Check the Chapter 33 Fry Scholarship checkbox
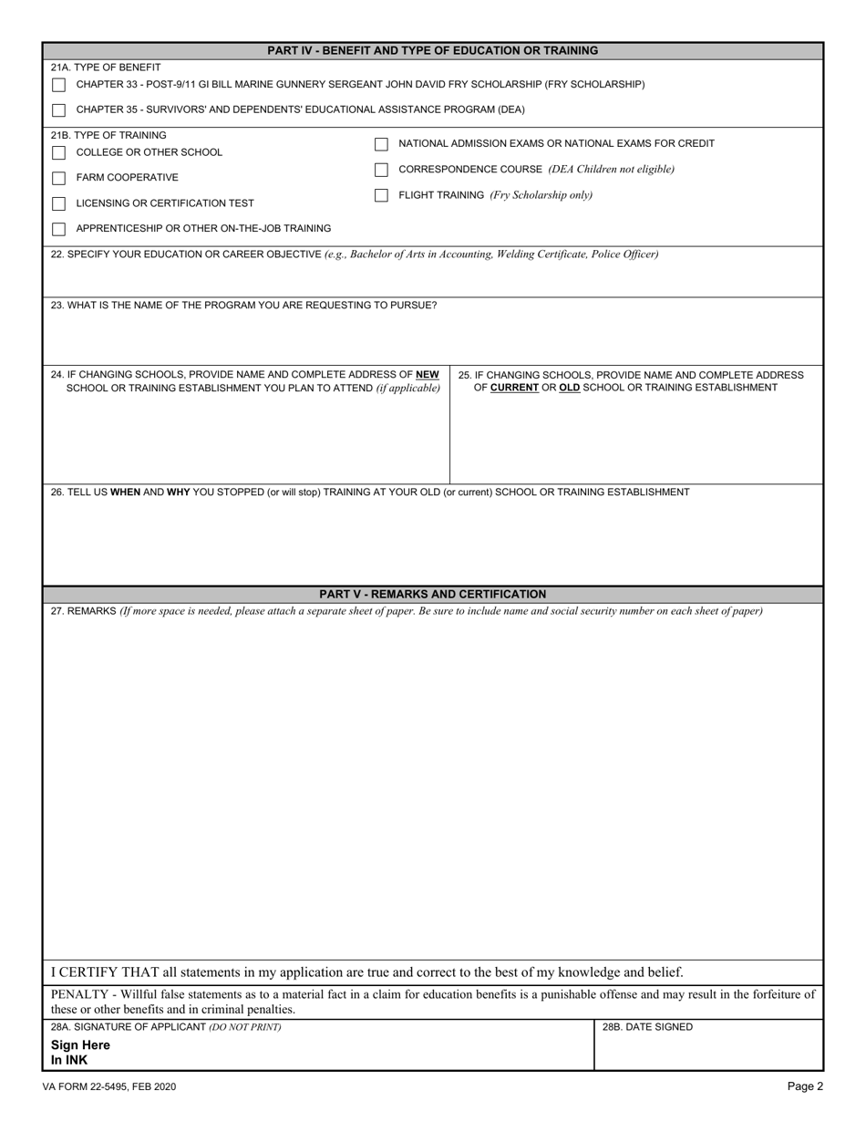click(x=59, y=85)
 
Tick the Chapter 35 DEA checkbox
click(x=59, y=110)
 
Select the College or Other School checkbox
click(x=59, y=152)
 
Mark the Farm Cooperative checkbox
click(x=59, y=178)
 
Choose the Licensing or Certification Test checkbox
click(x=59, y=203)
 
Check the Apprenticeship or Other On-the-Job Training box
click(x=59, y=229)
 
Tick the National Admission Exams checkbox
click(x=382, y=144)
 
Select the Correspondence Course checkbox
click(x=382, y=170)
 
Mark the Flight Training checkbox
click(x=382, y=195)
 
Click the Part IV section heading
click(x=433, y=51)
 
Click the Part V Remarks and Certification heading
click(x=433, y=594)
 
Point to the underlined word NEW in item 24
click(x=428, y=375)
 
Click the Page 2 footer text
click(x=806, y=1086)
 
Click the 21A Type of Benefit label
click(x=107, y=68)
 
